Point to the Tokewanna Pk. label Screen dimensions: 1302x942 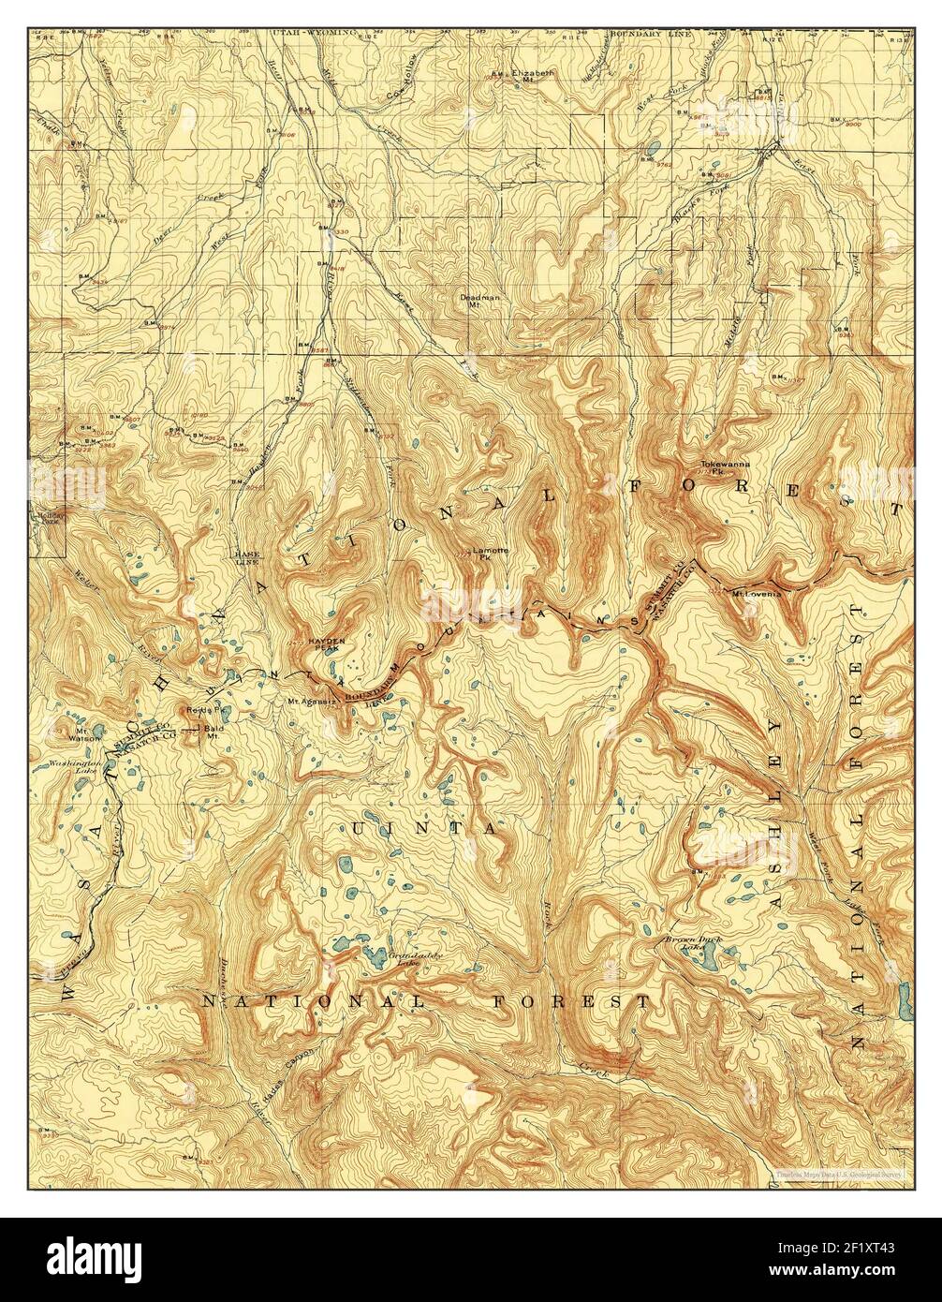(x=727, y=467)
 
